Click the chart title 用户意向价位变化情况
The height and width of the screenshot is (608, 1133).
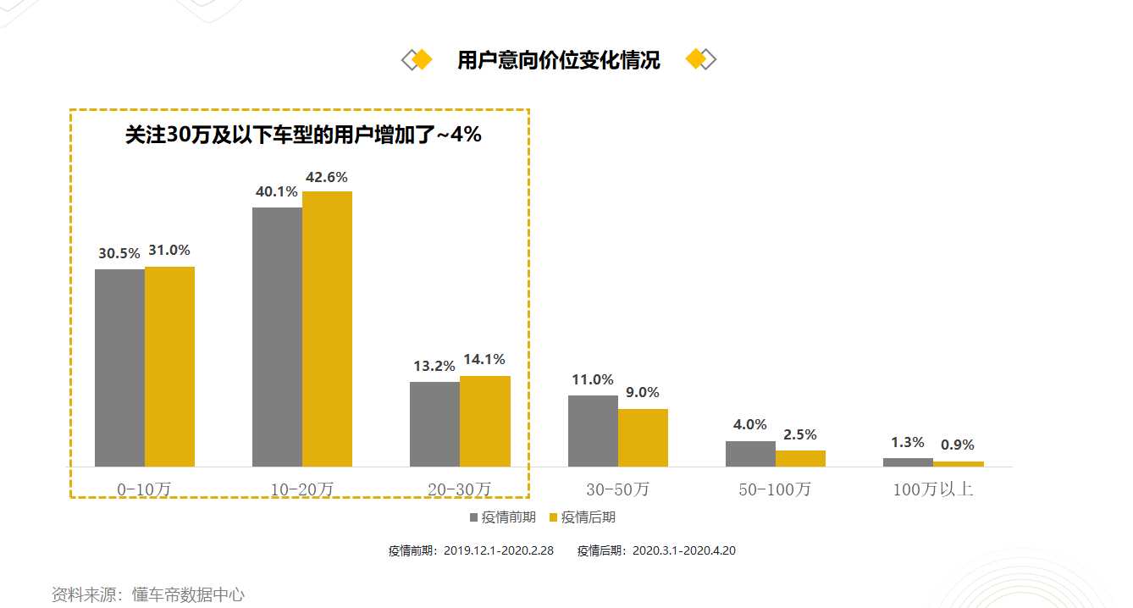pyautogui.click(x=558, y=60)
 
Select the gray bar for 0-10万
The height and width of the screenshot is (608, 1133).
pyautogui.click(x=119, y=368)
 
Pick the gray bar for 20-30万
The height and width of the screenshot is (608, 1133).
pyautogui.click(x=434, y=423)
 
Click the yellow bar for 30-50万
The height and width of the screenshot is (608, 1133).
pyautogui.click(x=643, y=437)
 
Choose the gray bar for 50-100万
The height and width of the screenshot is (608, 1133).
pyautogui.click(x=750, y=453)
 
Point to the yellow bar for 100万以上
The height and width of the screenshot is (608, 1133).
pyautogui.click(x=958, y=464)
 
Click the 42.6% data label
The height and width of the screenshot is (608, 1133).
pyautogui.click(x=327, y=177)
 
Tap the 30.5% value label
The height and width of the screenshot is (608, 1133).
pyautogui.click(x=119, y=253)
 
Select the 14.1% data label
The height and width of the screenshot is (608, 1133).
pyautogui.click(x=484, y=360)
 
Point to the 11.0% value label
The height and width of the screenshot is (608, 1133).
pyautogui.click(x=592, y=379)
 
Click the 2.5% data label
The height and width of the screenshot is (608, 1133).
pyautogui.click(x=800, y=434)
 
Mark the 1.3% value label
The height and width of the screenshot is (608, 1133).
pyautogui.click(x=907, y=442)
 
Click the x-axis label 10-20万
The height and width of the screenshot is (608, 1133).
pyautogui.click(x=302, y=489)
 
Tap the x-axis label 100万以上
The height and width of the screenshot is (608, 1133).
pyautogui.click(x=933, y=489)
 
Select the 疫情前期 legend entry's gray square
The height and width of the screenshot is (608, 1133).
pyautogui.click(x=473, y=517)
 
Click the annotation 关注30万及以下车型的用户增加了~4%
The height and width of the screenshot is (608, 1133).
pyautogui.click(x=303, y=135)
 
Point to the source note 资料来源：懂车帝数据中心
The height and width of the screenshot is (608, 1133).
pyautogui.click(x=148, y=594)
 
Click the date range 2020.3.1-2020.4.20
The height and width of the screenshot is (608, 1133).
pyautogui.click(x=684, y=550)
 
